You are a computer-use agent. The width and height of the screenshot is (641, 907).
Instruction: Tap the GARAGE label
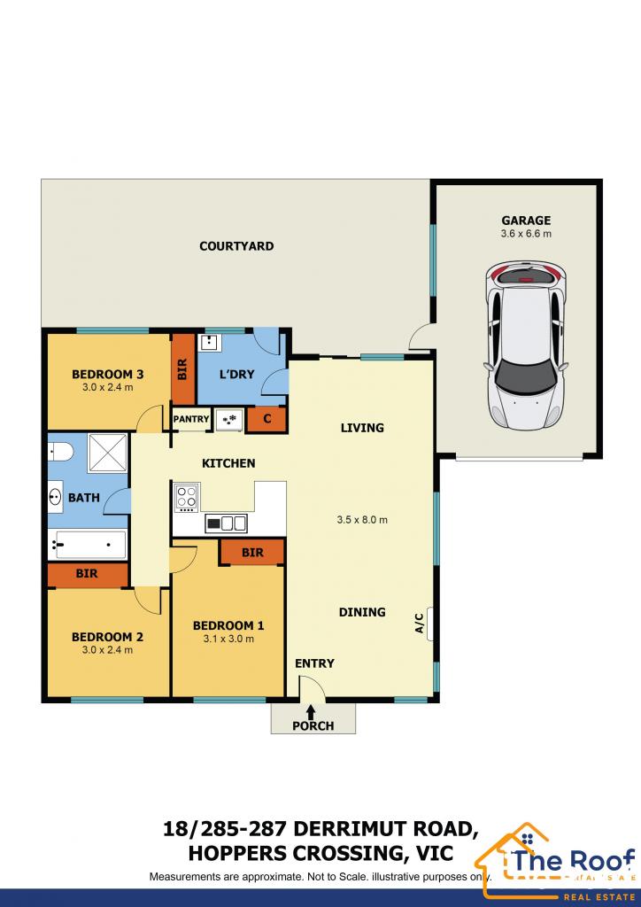click(525, 221)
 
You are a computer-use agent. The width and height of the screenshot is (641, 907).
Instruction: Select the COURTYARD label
click(236, 246)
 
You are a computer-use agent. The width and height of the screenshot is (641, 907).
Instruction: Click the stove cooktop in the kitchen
click(187, 497)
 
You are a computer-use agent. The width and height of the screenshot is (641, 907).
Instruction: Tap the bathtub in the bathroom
click(87, 544)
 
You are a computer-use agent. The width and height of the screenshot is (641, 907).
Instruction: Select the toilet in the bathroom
click(58, 451)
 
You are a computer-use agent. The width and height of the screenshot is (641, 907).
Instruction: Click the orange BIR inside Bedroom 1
click(252, 553)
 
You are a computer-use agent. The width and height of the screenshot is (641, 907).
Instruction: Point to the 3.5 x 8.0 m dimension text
click(362, 520)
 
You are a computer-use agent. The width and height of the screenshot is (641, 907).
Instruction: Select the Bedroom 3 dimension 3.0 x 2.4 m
click(108, 387)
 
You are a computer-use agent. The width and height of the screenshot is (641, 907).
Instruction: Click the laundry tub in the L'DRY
click(211, 343)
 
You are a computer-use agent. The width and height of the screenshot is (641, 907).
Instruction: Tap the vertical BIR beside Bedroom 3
click(182, 368)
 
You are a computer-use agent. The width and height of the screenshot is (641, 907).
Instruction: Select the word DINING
click(362, 612)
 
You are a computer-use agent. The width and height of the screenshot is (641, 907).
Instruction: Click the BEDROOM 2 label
click(107, 637)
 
